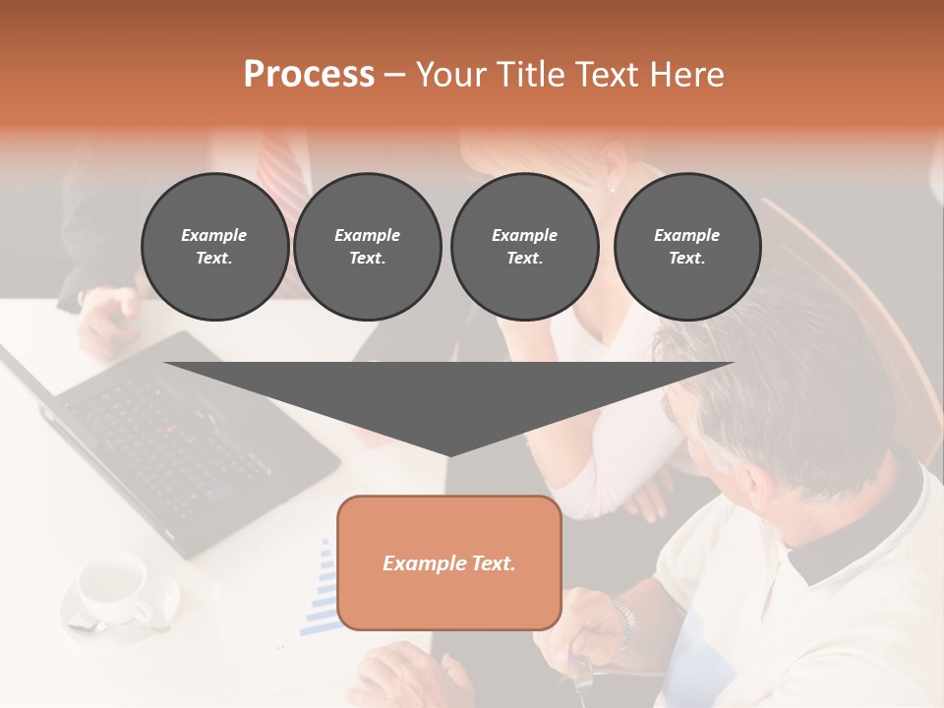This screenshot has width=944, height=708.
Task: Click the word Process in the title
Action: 309,75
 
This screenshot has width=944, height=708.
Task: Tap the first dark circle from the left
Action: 214,247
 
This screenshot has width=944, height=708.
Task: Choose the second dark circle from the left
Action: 367,247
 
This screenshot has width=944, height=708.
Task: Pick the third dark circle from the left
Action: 524,247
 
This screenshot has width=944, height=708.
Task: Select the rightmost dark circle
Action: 686,247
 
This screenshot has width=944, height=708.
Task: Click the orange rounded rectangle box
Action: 449,562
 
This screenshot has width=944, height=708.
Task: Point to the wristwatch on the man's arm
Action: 622,619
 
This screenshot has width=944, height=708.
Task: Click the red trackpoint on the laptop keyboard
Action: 170,430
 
